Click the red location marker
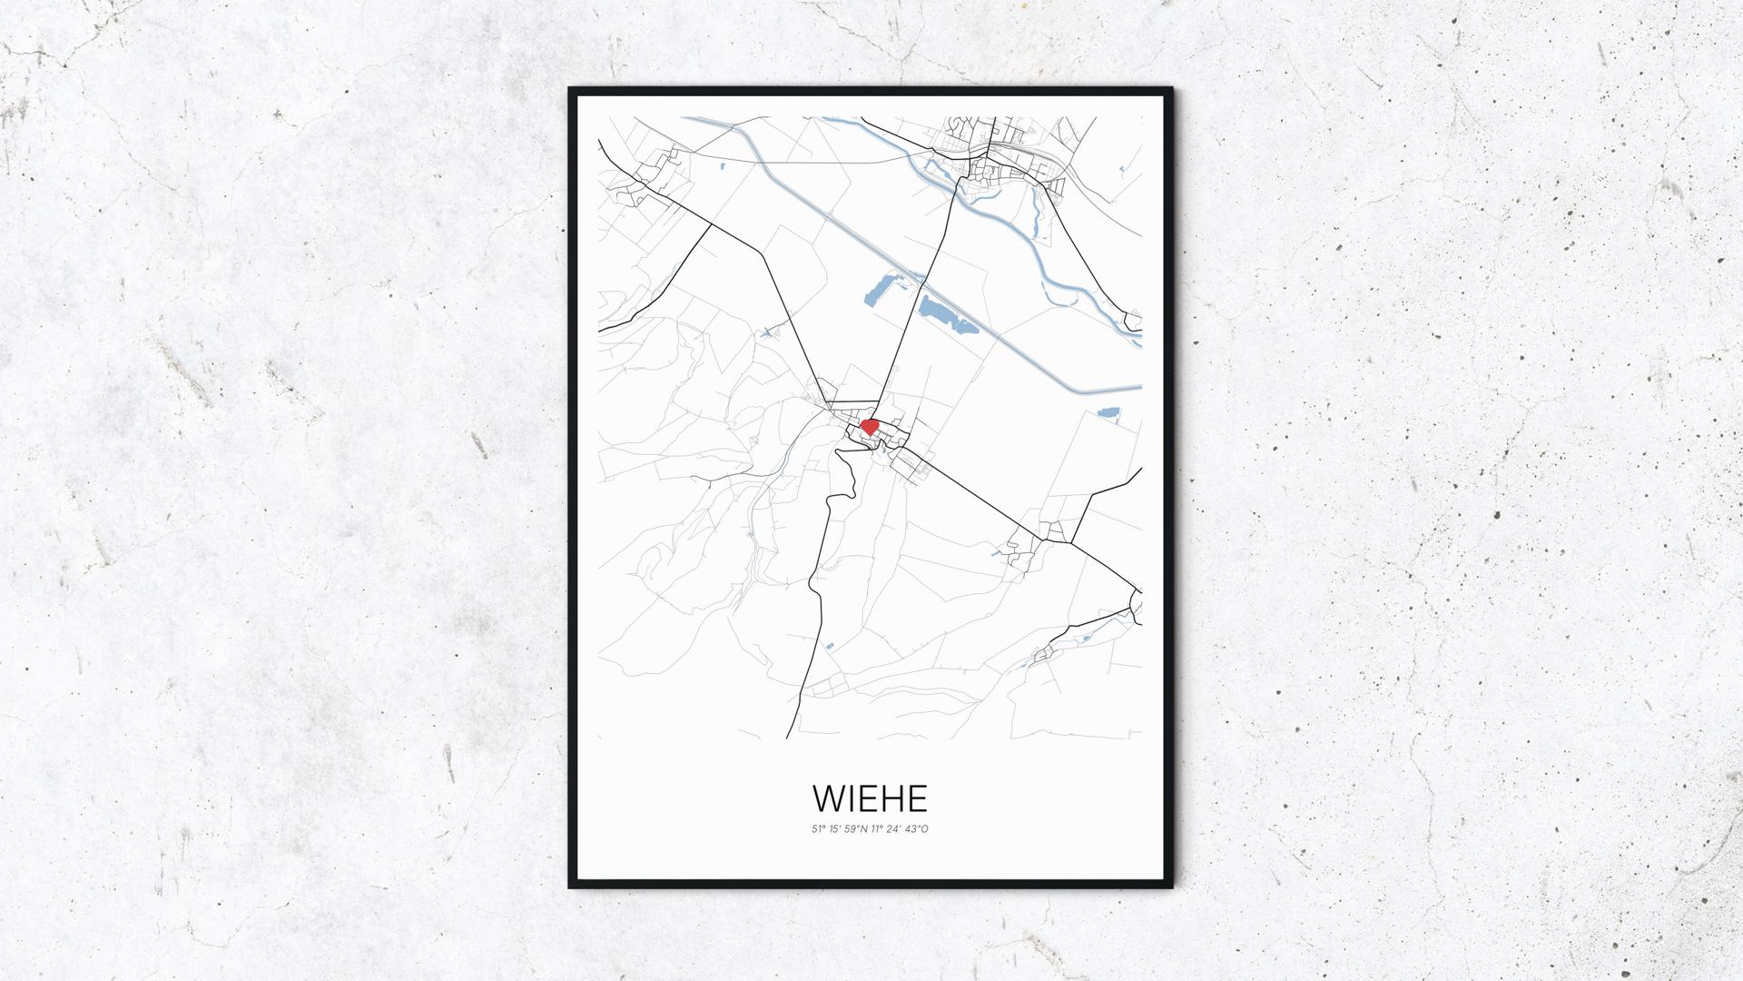click(x=869, y=425)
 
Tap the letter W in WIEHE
click(x=829, y=798)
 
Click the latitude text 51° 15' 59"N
click(x=841, y=828)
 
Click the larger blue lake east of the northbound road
click(x=944, y=317)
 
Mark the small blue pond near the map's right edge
click(x=1108, y=413)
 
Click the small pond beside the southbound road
click(x=829, y=646)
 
